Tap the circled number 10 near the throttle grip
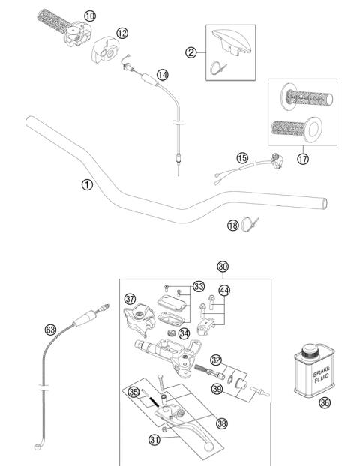pyautogui.click(x=90, y=15)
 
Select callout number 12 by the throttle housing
pyautogui.click(x=121, y=33)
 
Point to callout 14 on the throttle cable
pyautogui.click(x=163, y=74)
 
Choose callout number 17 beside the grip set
pyautogui.click(x=302, y=159)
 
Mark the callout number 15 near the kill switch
pyautogui.click(x=241, y=158)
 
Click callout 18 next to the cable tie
pyautogui.click(x=232, y=225)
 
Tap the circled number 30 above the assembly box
pyautogui.click(x=222, y=266)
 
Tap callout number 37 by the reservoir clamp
pyautogui.click(x=130, y=299)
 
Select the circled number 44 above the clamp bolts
pyautogui.click(x=224, y=289)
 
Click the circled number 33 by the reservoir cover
pyautogui.click(x=198, y=285)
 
